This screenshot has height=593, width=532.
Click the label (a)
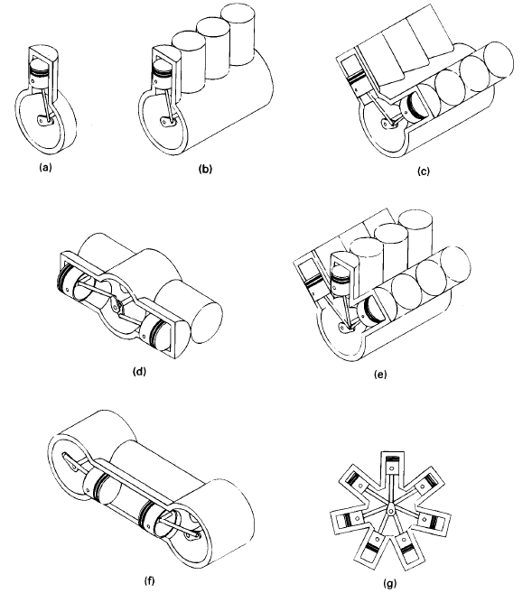[45, 167]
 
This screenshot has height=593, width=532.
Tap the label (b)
[205, 169]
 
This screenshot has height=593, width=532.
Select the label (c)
[424, 171]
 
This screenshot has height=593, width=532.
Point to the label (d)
[139, 371]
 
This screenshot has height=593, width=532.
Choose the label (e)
[380, 375]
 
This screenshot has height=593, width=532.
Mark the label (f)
[150, 580]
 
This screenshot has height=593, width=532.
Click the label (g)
[389, 583]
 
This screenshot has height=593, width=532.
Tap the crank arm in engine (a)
[44, 120]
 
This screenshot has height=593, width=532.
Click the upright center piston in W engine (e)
[340, 278]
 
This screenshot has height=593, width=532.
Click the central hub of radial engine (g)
[390, 511]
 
